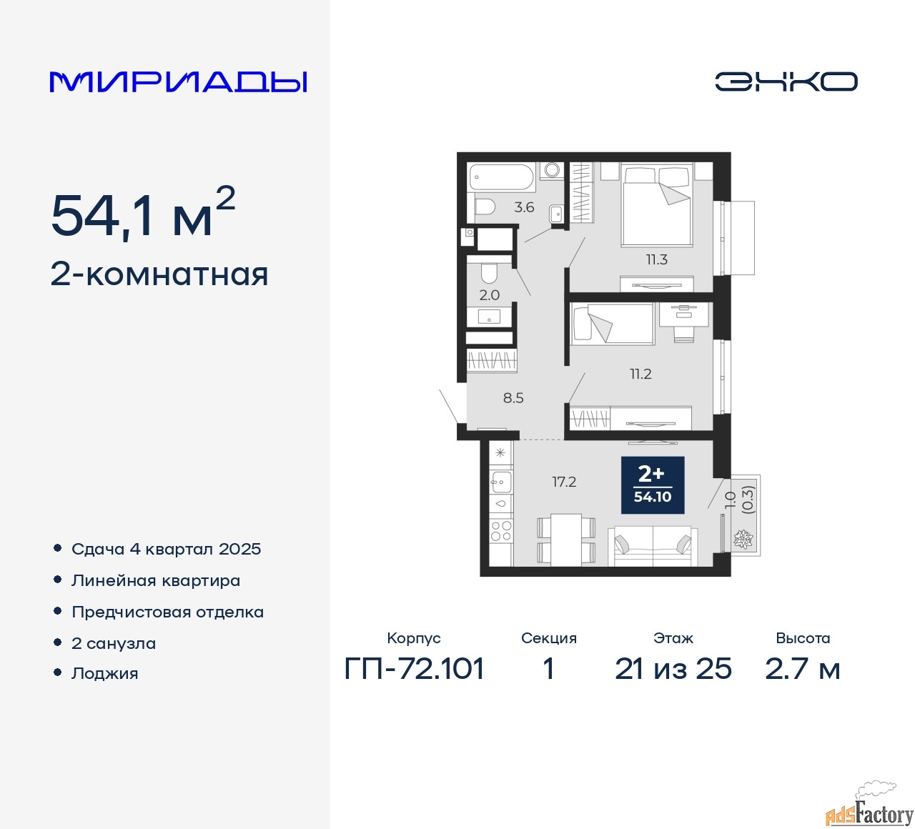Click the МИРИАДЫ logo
click(178, 82)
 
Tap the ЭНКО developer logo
click(786, 81)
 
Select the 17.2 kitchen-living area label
click(564, 482)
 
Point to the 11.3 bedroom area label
click(656, 259)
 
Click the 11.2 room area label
click(640, 374)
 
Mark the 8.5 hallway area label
click(513, 397)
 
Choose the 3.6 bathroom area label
click(524, 207)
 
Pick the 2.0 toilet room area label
click(490, 295)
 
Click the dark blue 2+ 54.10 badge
click(652, 485)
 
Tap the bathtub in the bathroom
click(501, 178)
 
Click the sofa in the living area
click(653, 546)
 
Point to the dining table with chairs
click(566, 540)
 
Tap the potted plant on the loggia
click(743, 539)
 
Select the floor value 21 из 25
click(673, 669)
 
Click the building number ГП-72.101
click(414, 669)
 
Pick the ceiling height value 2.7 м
click(803, 669)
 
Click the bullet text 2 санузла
click(114, 643)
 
